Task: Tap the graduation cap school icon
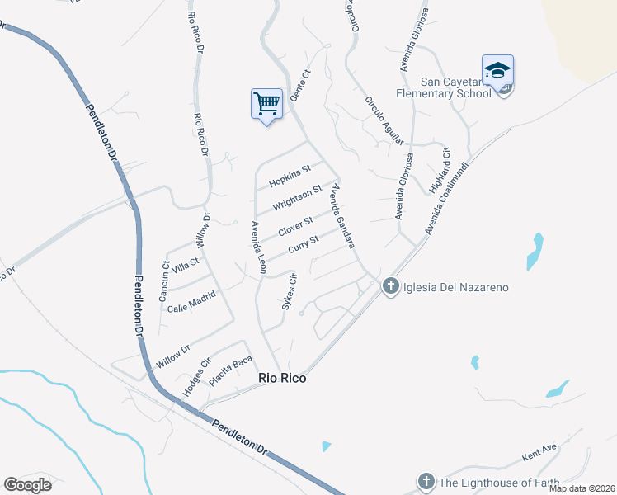pyautogui.click(x=497, y=71)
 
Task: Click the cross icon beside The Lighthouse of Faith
pyautogui.click(x=426, y=482)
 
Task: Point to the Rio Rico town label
pyautogui.click(x=282, y=378)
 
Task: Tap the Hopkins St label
pyautogui.click(x=289, y=175)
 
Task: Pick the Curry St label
pyautogui.click(x=303, y=245)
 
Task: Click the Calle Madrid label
pyautogui.click(x=191, y=302)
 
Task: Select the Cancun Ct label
pyautogui.click(x=163, y=280)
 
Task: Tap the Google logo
pyautogui.click(x=27, y=485)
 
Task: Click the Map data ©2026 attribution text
pyautogui.click(x=581, y=488)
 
